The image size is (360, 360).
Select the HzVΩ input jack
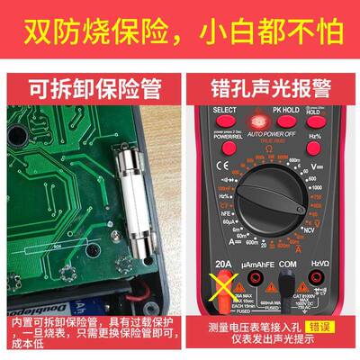click(320, 292)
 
